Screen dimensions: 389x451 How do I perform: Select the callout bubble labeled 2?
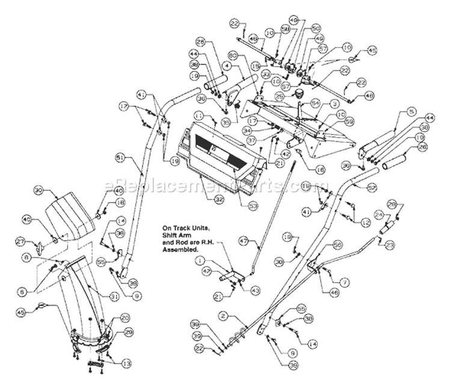click(222, 314)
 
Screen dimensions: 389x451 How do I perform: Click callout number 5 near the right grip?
click(393, 112)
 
